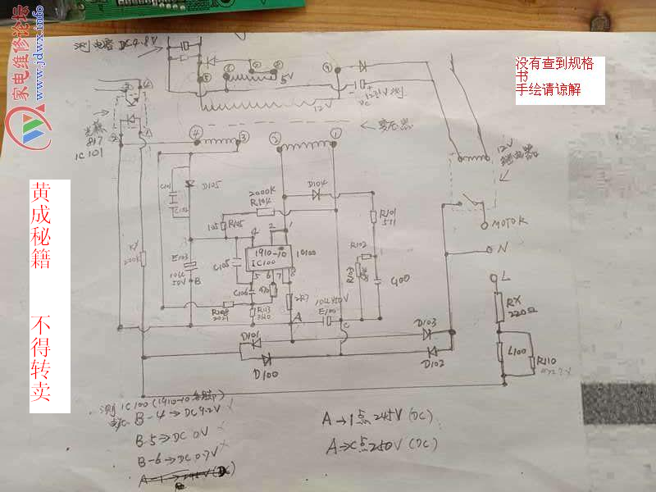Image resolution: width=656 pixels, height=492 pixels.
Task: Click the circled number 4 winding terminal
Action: [195, 131]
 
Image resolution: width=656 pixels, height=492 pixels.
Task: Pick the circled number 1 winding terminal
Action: [335, 132]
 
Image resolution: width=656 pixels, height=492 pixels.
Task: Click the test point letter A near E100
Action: [298, 315]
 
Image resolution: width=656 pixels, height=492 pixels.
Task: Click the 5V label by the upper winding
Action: [286, 80]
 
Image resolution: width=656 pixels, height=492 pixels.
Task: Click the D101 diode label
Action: [251, 335]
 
